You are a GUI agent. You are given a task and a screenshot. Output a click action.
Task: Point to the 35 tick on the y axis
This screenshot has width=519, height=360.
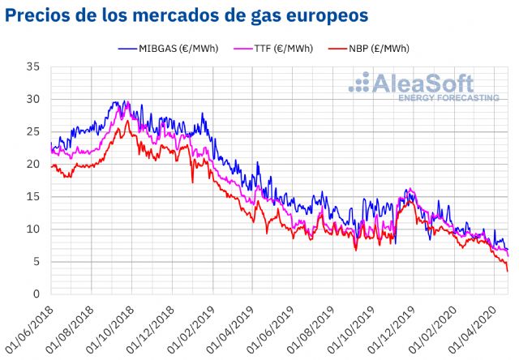[x=33, y=66]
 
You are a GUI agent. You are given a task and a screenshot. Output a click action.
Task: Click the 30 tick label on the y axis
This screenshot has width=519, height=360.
[x=33, y=99]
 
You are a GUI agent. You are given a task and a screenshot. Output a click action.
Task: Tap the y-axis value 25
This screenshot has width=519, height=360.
[x=33, y=131]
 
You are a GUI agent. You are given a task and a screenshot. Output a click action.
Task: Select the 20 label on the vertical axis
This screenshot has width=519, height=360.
[x=33, y=164]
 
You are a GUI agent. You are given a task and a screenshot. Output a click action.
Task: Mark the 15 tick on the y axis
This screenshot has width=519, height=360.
[x=33, y=196]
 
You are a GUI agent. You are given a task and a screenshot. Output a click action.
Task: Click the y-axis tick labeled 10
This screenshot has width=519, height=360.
[x=33, y=229]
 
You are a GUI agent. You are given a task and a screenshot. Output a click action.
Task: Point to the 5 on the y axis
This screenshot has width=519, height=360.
[x=36, y=261]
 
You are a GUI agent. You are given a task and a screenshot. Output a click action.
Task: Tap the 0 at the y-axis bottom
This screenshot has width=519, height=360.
[x=36, y=294]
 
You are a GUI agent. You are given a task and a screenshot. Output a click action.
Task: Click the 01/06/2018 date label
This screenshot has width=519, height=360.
[x=30, y=324]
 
